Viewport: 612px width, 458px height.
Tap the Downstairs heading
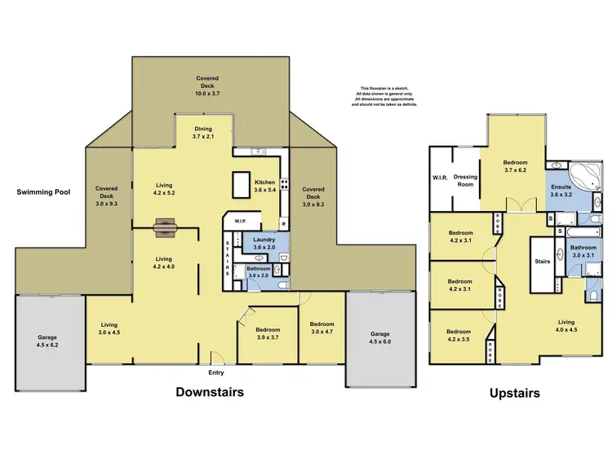coord(210,392)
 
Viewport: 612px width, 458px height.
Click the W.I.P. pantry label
coord(240,221)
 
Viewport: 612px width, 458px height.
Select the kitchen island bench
coord(242,185)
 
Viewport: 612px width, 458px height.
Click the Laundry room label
coord(264,243)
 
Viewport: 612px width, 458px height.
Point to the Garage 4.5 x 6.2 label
coord(48,340)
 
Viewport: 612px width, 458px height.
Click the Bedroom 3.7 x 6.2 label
coord(515,165)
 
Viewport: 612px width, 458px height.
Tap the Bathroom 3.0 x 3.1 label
coord(583,251)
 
